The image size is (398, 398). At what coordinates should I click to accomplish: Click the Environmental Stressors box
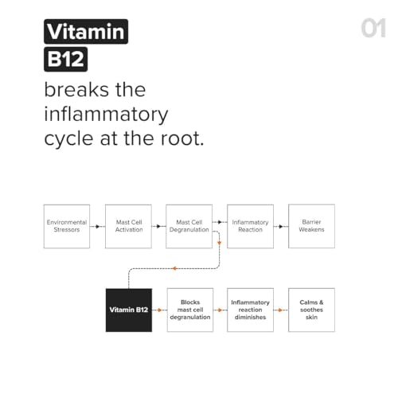(x=67, y=226)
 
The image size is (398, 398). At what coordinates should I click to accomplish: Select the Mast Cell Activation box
(x=128, y=226)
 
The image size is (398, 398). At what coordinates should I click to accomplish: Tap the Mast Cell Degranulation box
(x=189, y=226)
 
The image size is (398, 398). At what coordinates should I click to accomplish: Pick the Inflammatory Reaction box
(x=250, y=226)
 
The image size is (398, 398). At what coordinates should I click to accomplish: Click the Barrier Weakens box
(x=311, y=226)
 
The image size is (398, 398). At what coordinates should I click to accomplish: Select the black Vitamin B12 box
(x=129, y=310)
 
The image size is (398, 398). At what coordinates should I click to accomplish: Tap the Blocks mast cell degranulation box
(x=190, y=310)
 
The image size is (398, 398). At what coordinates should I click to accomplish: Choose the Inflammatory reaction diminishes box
(x=250, y=310)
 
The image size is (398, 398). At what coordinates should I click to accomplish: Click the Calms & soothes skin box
(x=311, y=310)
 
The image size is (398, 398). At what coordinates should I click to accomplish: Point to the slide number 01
(x=373, y=28)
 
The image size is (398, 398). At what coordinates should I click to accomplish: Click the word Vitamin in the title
(x=86, y=32)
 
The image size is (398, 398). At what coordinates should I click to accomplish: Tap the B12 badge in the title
(x=66, y=59)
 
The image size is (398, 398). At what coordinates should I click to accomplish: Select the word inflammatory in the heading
(x=106, y=115)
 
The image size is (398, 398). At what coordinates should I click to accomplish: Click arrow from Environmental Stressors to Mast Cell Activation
(x=97, y=227)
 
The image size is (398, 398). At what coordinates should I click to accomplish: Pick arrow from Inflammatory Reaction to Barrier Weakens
(x=281, y=227)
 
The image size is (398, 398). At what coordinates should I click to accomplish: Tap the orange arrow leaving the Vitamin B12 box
(x=159, y=310)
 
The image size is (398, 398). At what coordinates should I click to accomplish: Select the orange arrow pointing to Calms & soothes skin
(x=281, y=310)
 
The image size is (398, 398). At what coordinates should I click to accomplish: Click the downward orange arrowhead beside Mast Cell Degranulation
(x=219, y=243)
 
